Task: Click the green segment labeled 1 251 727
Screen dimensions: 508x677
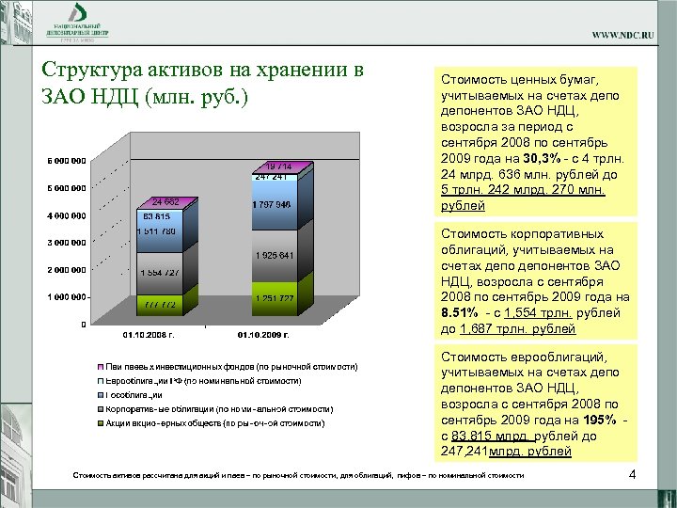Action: [x=274, y=299]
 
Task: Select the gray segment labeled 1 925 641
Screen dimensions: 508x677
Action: [x=274, y=256]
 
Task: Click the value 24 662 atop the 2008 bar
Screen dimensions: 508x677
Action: [x=165, y=202]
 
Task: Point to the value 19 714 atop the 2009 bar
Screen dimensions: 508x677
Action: [x=277, y=166]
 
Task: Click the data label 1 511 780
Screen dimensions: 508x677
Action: [x=156, y=231]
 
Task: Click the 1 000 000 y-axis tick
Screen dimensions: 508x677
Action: [x=65, y=297]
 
